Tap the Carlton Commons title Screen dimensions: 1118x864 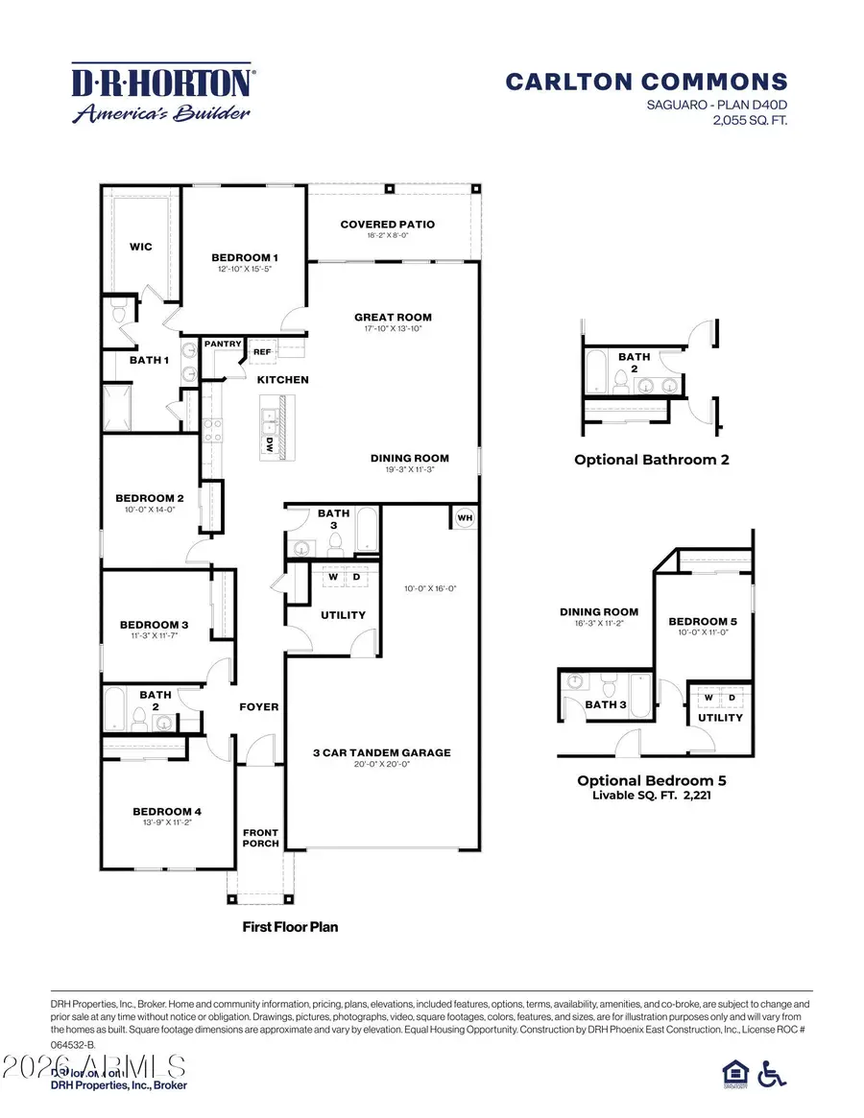click(x=646, y=83)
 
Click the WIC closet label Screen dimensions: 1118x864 click(x=141, y=247)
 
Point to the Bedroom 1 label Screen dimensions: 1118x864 click(x=245, y=257)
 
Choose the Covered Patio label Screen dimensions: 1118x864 click(x=387, y=225)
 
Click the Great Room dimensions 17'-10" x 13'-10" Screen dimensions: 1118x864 click(x=393, y=328)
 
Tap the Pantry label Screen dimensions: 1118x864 click(x=223, y=343)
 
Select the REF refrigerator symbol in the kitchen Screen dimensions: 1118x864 click(x=262, y=352)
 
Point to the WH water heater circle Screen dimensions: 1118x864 click(x=465, y=518)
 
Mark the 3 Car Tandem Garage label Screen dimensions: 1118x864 click(x=380, y=752)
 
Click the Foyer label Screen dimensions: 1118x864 click(x=259, y=706)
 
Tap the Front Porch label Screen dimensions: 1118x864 click(x=260, y=837)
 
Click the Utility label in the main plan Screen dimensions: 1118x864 click(x=343, y=614)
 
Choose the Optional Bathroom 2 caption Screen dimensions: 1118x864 click(x=651, y=460)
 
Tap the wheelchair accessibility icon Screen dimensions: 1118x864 click(x=771, y=1073)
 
